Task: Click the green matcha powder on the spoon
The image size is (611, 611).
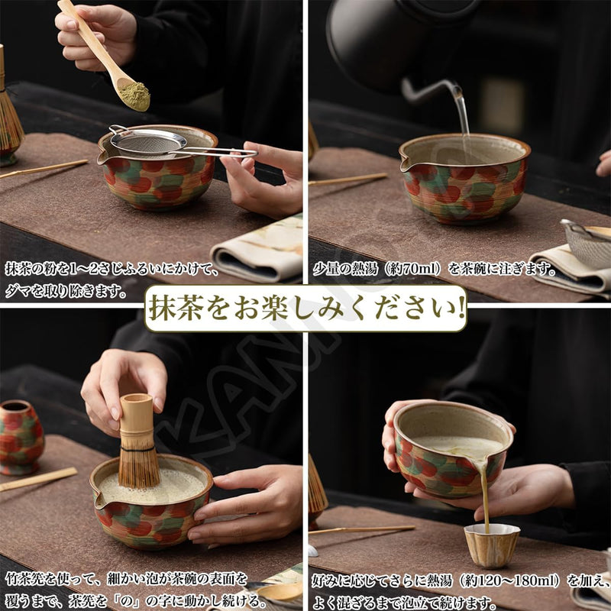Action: pyautogui.click(x=135, y=96)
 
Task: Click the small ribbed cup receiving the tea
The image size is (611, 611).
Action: pyautogui.click(x=492, y=545)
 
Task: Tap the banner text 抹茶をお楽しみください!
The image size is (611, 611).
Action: pyautogui.click(x=305, y=309)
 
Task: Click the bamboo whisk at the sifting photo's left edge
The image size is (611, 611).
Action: pyautogui.click(x=9, y=115)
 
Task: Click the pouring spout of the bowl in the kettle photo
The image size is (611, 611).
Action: pyautogui.click(x=406, y=163)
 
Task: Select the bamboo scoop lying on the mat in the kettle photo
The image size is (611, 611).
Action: pyautogui.click(x=348, y=179)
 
